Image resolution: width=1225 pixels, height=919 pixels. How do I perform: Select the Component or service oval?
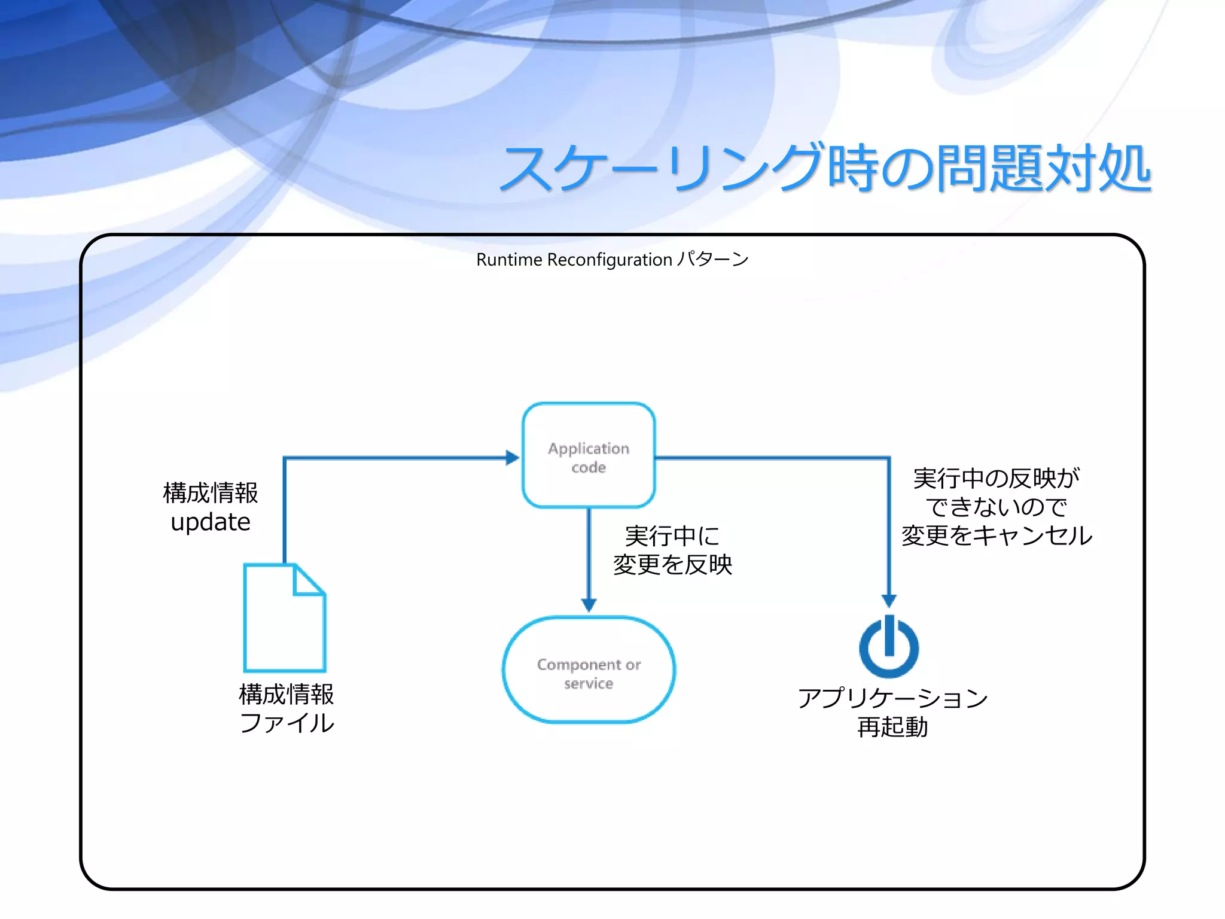(x=589, y=670)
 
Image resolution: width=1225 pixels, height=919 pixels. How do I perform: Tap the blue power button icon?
(x=889, y=647)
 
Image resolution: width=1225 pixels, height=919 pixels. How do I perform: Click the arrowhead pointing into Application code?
(x=512, y=458)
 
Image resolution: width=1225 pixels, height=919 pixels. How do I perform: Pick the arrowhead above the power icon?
(x=889, y=600)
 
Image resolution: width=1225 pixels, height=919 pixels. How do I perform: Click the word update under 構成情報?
(x=211, y=522)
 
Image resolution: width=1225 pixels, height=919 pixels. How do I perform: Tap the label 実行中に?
(x=672, y=535)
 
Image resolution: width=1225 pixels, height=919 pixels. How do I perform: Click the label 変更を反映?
(x=672, y=564)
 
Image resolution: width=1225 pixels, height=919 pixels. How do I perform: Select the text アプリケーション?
(x=892, y=698)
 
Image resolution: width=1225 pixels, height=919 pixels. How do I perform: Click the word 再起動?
(x=892, y=727)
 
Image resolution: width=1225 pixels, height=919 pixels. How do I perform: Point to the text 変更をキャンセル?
(x=997, y=535)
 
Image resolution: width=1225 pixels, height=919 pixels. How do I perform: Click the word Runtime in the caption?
(x=509, y=260)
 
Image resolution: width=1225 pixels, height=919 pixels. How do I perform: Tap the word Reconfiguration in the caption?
(x=610, y=260)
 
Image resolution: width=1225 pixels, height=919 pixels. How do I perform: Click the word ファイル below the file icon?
(x=287, y=723)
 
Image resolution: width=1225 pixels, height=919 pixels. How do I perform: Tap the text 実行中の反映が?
(x=997, y=477)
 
